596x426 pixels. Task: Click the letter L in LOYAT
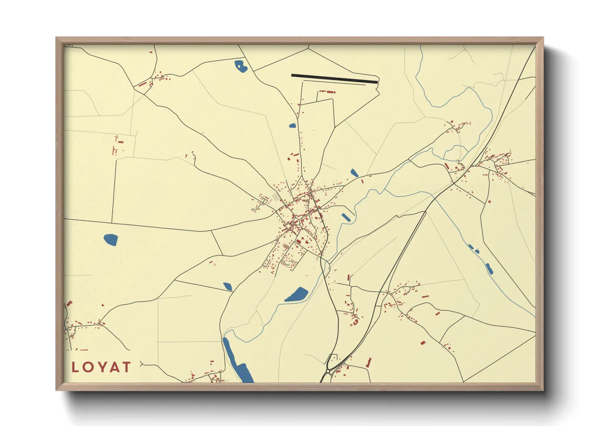coord(75,367)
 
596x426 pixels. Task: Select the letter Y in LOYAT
coord(101,367)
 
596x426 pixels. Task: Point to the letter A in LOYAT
coord(114,367)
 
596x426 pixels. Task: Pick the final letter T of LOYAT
coord(126,367)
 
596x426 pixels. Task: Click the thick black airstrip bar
coord(334,79)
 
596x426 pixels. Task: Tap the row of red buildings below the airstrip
coord(327,92)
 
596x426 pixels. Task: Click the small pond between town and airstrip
coord(292,126)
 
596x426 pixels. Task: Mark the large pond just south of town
coord(297,295)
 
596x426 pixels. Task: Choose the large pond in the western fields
coord(111,240)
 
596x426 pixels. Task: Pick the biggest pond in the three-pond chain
coord(489,269)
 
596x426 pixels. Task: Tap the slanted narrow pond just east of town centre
coord(346,217)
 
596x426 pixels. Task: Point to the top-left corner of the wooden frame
coord(56,38)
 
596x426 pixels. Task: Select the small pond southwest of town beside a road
coord(228,286)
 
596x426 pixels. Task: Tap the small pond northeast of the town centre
coord(354,173)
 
